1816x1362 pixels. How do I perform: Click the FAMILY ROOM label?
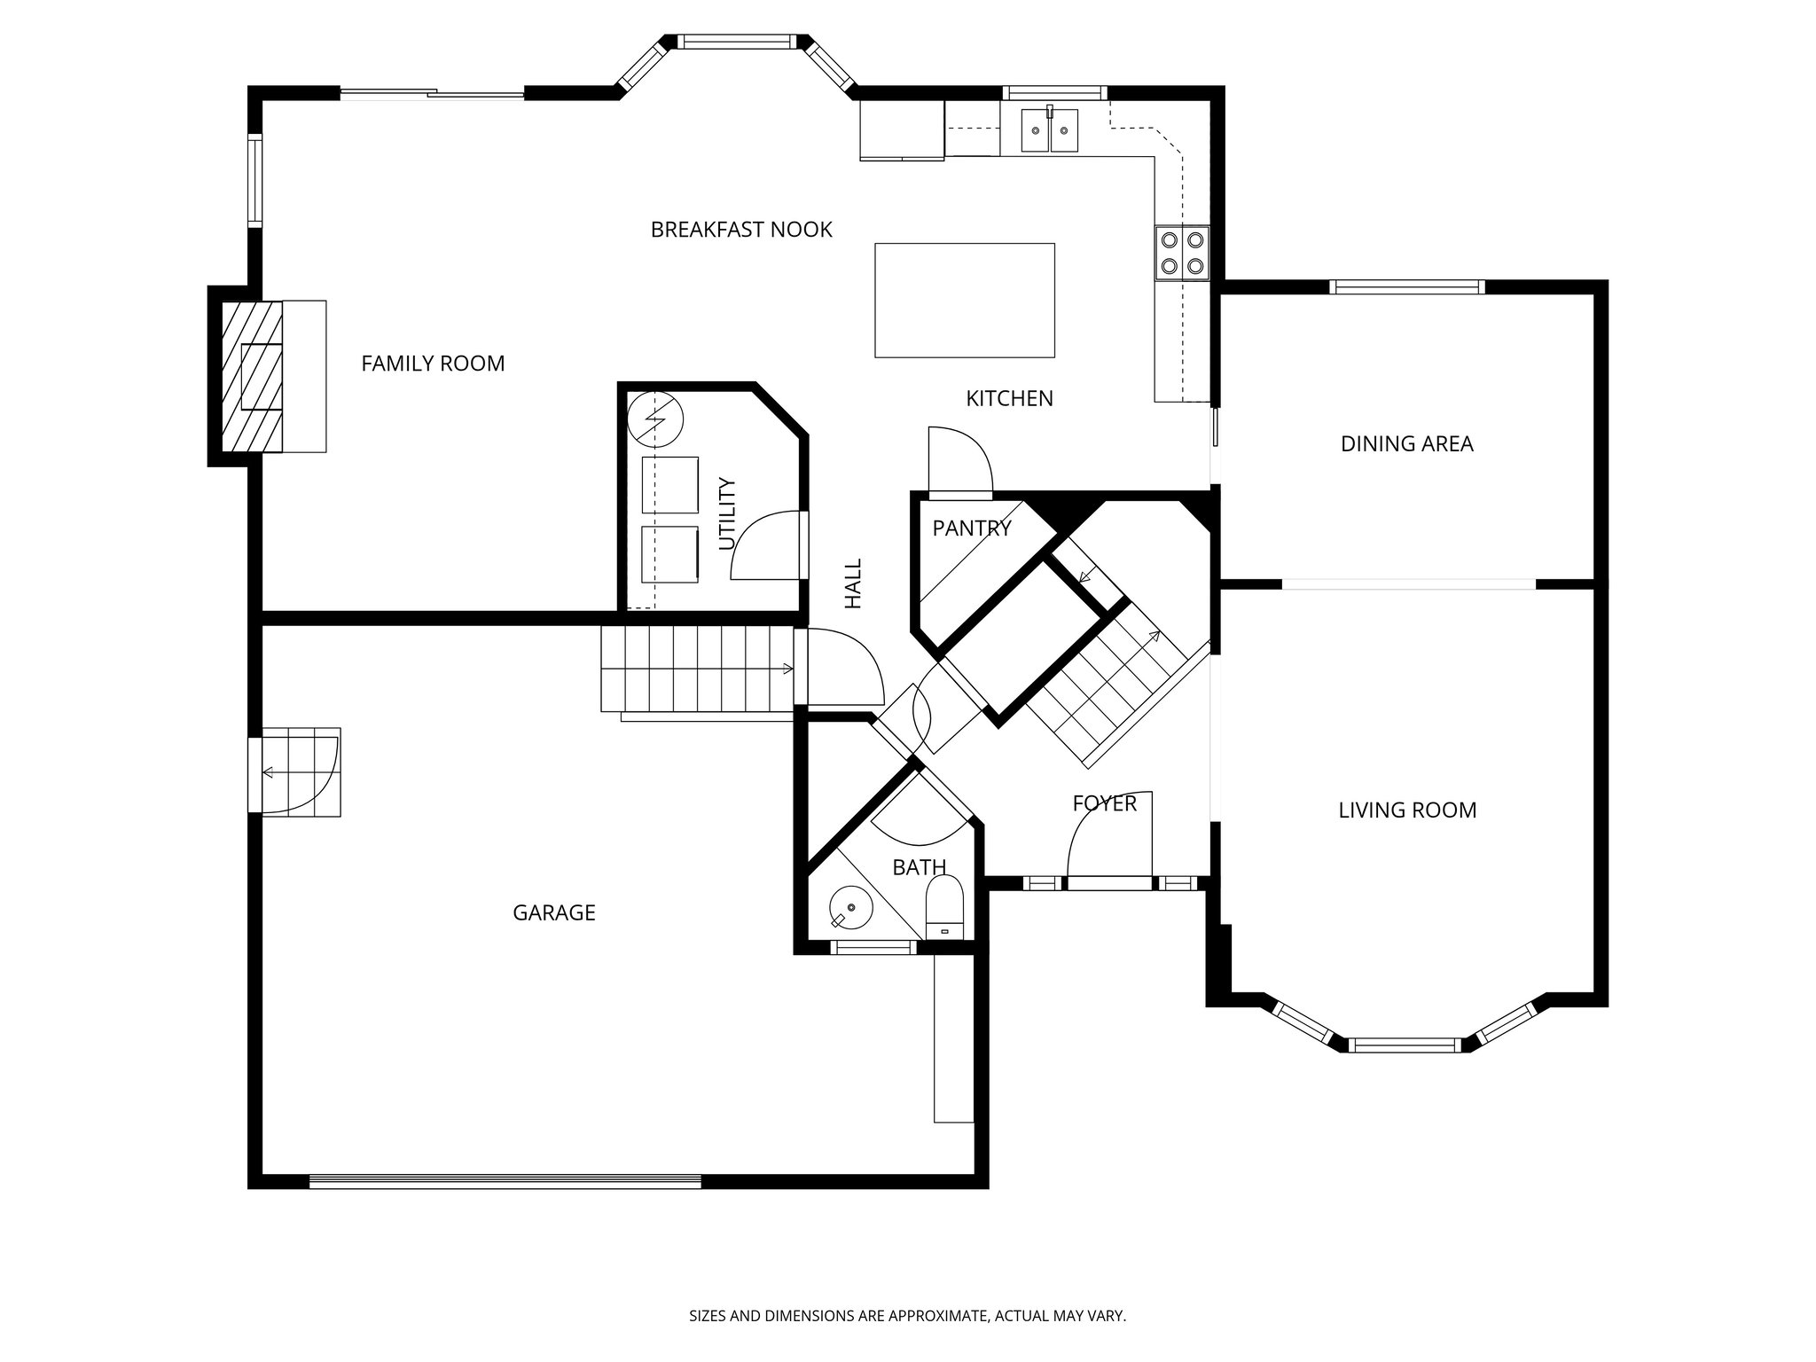(x=433, y=364)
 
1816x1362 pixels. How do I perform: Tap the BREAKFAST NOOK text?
(x=741, y=230)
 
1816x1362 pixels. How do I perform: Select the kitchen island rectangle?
(x=965, y=300)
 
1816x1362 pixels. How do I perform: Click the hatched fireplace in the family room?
(x=252, y=377)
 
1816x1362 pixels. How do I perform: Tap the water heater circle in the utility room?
(x=655, y=418)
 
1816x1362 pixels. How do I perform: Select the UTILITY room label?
(x=727, y=514)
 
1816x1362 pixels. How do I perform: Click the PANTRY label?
(x=972, y=529)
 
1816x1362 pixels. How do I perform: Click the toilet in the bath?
(x=944, y=906)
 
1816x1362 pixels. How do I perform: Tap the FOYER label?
(x=1104, y=803)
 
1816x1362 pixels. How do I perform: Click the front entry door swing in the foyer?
(x=1108, y=838)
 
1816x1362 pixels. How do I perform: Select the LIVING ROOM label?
(x=1407, y=810)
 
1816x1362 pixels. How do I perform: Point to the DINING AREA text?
(x=1406, y=443)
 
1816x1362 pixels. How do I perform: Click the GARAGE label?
(x=554, y=912)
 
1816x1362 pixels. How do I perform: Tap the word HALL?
(x=853, y=583)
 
